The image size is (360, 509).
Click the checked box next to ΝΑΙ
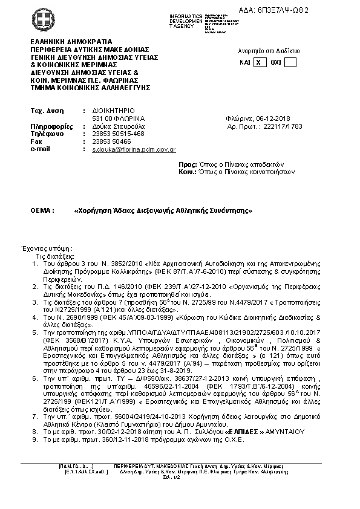pyautogui.click(x=259, y=62)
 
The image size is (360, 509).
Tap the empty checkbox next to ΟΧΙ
pyautogui.click(x=290, y=62)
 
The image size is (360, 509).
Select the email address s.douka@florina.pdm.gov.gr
pyautogui.click(x=134, y=149)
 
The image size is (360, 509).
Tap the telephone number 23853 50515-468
pyautogui.click(x=118, y=134)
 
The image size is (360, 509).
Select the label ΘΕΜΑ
pyautogui.click(x=42, y=211)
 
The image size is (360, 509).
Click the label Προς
pyautogui.click(x=188, y=164)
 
